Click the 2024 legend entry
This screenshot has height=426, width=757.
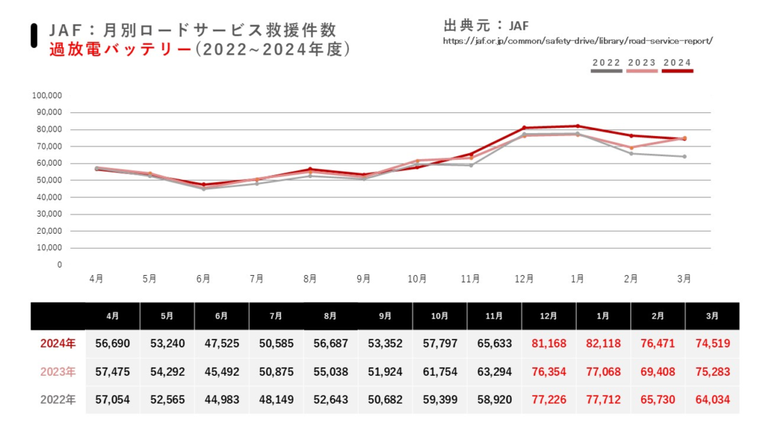click(677, 64)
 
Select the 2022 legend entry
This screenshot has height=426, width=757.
click(606, 64)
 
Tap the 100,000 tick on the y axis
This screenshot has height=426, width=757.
click(47, 95)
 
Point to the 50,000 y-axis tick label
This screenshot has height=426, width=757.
click(49, 180)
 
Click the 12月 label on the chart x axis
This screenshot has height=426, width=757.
click(524, 279)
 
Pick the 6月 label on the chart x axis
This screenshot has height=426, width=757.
click(203, 279)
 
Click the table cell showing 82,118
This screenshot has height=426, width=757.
click(603, 343)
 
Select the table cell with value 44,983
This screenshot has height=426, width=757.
click(221, 399)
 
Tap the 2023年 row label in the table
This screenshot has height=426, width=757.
click(57, 371)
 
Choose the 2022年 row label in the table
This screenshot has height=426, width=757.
click(57, 399)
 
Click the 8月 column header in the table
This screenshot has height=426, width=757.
click(330, 316)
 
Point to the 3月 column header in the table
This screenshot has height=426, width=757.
click(712, 316)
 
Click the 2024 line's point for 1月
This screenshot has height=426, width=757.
click(577, 126)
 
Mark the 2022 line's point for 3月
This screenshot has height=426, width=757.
click(685, 156)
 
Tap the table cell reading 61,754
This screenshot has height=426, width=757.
click(439, 371)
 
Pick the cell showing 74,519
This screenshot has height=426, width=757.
click(712, 343)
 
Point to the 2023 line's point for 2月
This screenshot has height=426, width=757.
click(631, 147)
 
